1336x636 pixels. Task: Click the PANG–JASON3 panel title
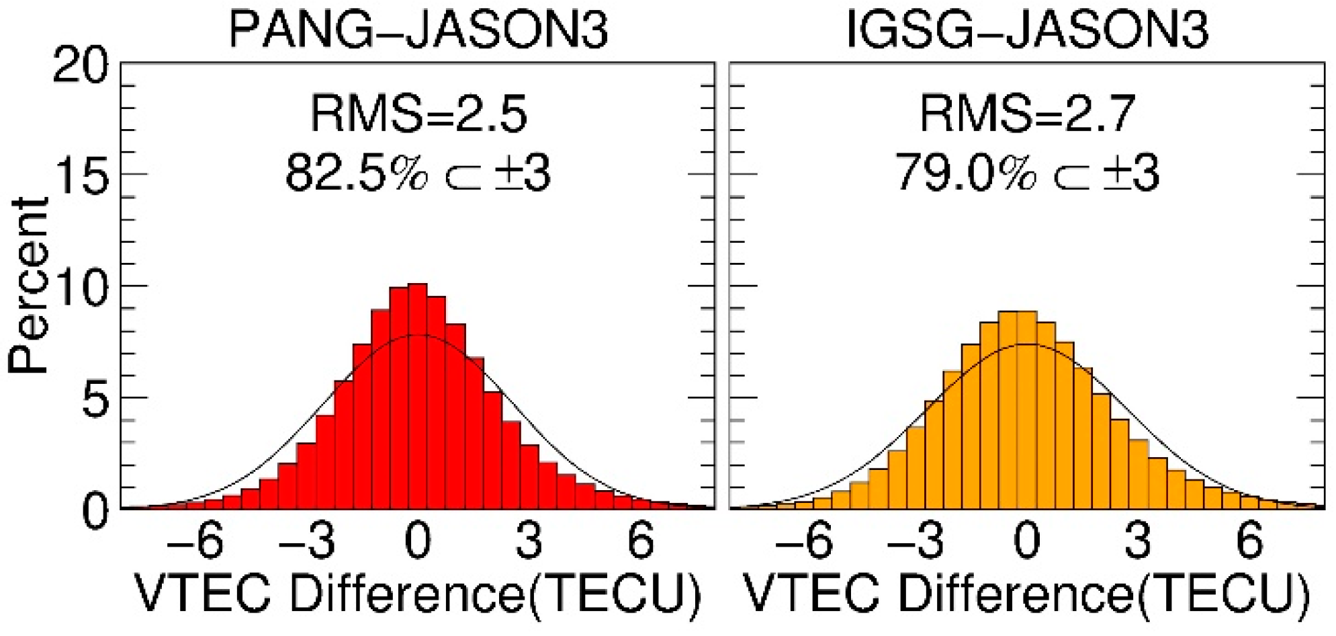tap(418, 30)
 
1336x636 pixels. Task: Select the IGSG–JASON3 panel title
tap(1027, 30)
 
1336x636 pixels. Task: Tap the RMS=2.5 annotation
tap(418, 114)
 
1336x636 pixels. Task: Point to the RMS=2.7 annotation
tap(1027, 114)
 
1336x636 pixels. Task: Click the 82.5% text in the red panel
tap(356, 173)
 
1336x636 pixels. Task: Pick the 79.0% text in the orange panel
tap(965, 173)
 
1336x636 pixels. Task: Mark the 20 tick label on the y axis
tap(79, 67)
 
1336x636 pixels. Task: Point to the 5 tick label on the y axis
tap(94, 399)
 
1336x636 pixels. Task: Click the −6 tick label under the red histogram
tap(195, 541)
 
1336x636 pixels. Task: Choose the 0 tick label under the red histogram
tap(418, 541)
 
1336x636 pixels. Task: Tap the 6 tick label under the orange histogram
tap(1249, 541)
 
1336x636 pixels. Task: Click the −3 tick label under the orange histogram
tap(915, 541)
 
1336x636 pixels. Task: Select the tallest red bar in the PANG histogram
tap(418, 396)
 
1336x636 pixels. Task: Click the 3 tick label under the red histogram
tap(529, 541)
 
